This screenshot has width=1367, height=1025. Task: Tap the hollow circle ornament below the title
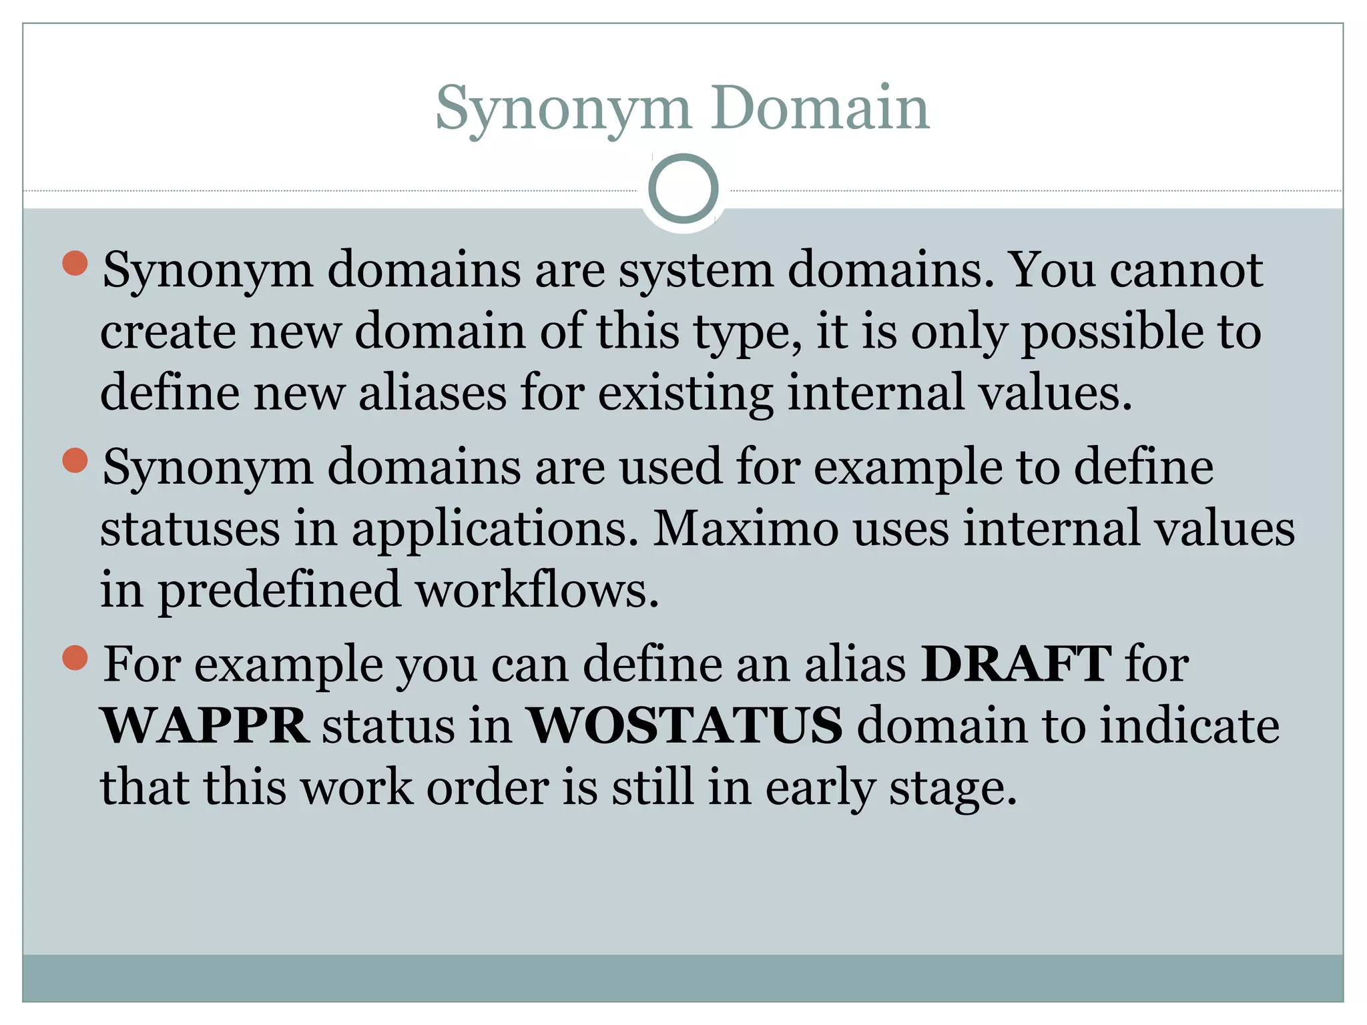tap(683, 189)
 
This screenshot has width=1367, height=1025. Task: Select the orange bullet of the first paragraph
tap(75, 263)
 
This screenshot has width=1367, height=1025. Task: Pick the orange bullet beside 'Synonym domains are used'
tap(75, 460)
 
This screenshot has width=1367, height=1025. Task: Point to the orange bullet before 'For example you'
tap(75, 657)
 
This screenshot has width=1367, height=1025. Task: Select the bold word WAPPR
tap(204, 725)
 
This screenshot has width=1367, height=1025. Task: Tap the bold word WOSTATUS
tap(685, 725)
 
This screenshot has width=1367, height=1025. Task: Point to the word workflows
tap(537, 590)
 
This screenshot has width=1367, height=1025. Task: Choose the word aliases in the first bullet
tap(433, 392)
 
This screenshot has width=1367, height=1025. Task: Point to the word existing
tap(685, 392)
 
